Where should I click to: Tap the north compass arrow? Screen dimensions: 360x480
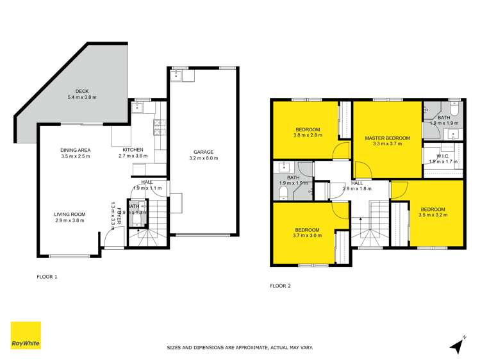point(458,345)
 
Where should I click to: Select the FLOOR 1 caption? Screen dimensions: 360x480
point(47,277)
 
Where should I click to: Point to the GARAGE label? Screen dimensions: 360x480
point(204,152)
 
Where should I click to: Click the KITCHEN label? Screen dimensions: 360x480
point(133,150)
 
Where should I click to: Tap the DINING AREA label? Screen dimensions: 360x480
point(76,150)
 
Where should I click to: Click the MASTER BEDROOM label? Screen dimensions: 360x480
point(387,138)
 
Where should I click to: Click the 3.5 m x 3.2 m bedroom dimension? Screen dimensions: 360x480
point(433,215)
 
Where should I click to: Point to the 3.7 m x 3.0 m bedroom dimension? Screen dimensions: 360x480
point(308,235)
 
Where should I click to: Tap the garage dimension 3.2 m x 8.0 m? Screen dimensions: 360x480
point(204,158)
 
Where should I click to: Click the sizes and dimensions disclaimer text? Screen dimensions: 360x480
point(240,348)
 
